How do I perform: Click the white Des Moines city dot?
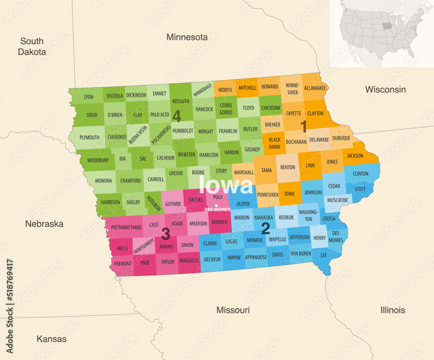(x=216, y=205)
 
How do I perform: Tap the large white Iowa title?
(x=226, y=186)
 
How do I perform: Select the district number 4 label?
(x=177, y=116)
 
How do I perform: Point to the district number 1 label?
(x=304, y=126)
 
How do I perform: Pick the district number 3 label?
(x=165, y=234)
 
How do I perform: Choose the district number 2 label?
(x=265, y=228)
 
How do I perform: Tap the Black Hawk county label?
(x=274, y=143)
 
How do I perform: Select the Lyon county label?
(x=89, y=97)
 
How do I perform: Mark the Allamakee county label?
(x=315, y=88)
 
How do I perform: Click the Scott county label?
(x=360, y=189)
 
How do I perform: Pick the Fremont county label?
(x=123, y=264)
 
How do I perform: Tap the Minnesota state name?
(x=187, y=37)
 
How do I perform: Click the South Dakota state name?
(x=33, y=46)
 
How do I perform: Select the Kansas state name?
(x=51, y=339)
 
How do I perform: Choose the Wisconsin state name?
(x=385, y=89)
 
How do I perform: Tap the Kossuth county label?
(x=181, y=101)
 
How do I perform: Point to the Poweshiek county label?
(x=268, y=195)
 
